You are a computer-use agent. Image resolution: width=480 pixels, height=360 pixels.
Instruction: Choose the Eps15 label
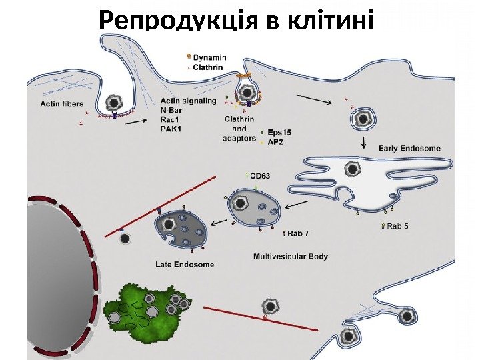(x=278, y=132)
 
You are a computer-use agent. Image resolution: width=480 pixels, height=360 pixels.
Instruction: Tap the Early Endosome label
(x=409, y=148)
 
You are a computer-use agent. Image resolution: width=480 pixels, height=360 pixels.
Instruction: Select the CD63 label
(x=260, y=177)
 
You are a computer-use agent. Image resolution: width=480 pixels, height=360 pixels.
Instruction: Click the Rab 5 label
(x=398, y=227)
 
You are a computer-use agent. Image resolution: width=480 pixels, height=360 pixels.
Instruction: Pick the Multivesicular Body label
(x=291, y=256)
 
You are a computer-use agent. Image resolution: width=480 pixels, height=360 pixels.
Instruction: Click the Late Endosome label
(x=184, y=265)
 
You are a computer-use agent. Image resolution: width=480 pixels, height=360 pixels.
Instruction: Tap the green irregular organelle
(x=143, y=311)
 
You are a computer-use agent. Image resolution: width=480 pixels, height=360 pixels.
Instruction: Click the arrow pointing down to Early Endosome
(x=363, y=143)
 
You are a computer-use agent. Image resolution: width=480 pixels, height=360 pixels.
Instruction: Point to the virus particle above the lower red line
(x=271, y=307)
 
